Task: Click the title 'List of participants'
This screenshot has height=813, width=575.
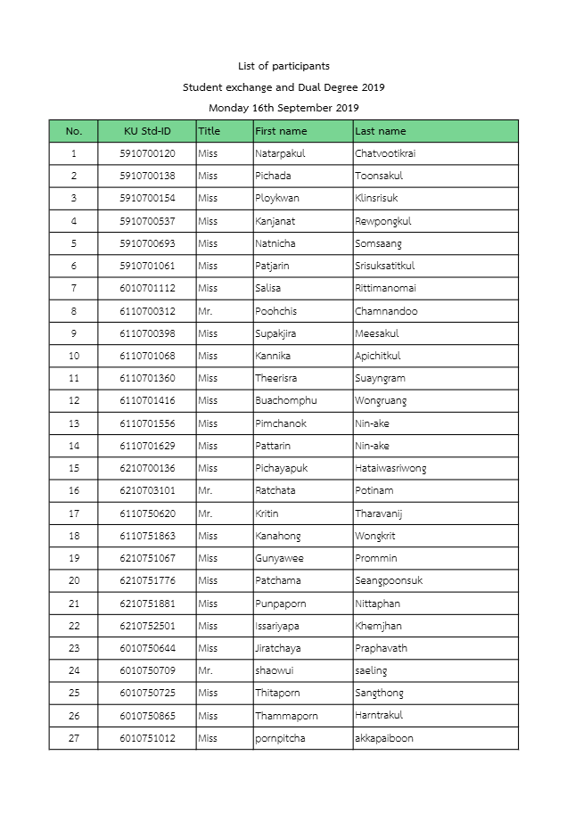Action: pyautogui.click(x=283, y=66)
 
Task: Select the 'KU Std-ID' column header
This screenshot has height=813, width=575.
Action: pyautogui.click(x=147, y=131)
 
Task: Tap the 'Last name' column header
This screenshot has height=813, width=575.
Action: pyautogui.click(x=381, y=131)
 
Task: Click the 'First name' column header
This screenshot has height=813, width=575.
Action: pyautogui.click(x=281, y=131)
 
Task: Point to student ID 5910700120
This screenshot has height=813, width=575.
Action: pyautogui.click(x=147, y=153)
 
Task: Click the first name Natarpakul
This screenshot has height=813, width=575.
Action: pyautogui.click(x=280, y=153)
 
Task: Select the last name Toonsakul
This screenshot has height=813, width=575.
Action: pyautogui.click(x=379, y=176)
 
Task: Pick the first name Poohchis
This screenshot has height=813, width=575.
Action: pyautogui.click(x=276, y=311)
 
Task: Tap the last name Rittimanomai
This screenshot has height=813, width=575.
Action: pyautogui.click(x=385, y=288)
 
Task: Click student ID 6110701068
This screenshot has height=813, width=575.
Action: pyautogui.click(x=147, y=356)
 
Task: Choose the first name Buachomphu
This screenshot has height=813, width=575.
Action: pyautogui.click(x=286, y=401)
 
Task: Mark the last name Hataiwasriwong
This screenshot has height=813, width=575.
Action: pyautogui.click(x=390, y=468)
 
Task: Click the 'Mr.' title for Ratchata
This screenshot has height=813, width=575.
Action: pyautogui.click(x=206, y=490)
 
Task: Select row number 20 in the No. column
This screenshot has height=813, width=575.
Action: pyautogui.click(x=74, y=580)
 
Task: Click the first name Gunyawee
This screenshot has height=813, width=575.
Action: pyautogui.click(x=279, y=558)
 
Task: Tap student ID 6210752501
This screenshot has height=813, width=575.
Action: pyautogui.click(x=147, y=626)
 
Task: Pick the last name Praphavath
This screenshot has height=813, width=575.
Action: pyautogui.click(x=381, y=648)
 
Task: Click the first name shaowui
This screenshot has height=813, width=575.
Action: pyautogui.click(x=275, y=670)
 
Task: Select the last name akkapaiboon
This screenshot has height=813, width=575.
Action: pyautogui.click(x=384, y=738)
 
